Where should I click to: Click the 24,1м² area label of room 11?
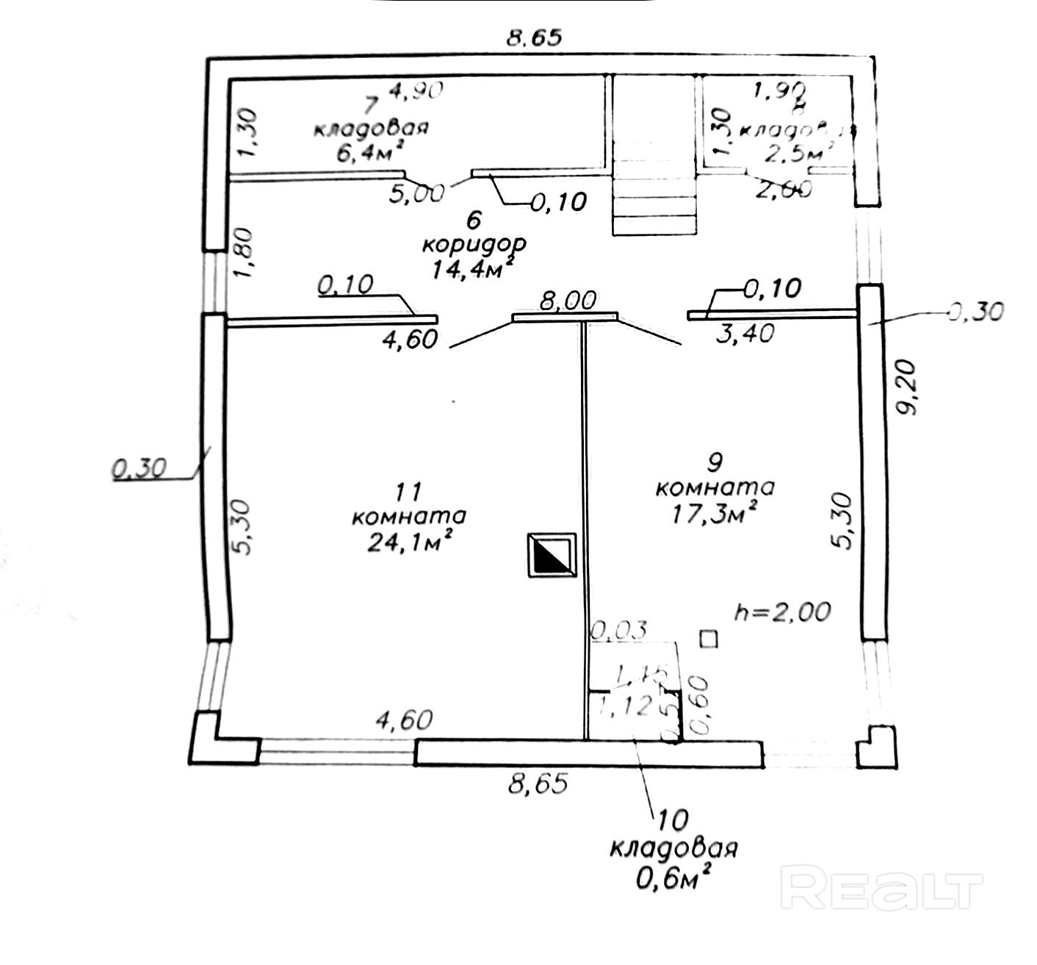tap(409, 543)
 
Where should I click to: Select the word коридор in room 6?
tap(479, 244)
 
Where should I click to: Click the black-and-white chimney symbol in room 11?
tap(552, 555)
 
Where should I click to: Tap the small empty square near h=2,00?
tap(709, 638)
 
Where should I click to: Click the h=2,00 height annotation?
tap(783, 611)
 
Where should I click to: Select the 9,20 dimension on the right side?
tap(911, 387)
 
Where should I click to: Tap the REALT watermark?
tap(881, 886)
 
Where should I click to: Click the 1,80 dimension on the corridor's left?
tap(245, 252)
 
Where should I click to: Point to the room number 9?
tap(715, 462)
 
